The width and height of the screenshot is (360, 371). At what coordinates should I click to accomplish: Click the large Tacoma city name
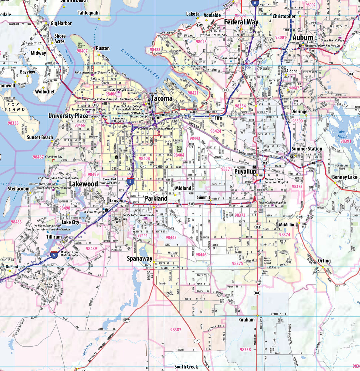coord(162,99)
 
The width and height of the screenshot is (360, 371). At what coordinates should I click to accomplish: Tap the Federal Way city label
coord(241,22)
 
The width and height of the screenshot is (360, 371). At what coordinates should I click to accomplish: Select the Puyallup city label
coord(245,172)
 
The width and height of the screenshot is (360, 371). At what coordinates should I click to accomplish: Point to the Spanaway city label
coord(140,258)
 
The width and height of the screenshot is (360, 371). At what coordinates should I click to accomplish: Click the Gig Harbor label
coord(61,23)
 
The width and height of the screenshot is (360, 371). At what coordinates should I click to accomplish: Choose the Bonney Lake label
coord(345,177)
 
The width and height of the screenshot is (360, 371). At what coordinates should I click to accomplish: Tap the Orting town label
coord(324,261)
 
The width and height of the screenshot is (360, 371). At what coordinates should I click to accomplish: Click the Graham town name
coord(247,320)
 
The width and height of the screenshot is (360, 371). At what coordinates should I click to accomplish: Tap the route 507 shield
coord(126,320)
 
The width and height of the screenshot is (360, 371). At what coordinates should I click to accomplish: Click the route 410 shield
coord(312,163)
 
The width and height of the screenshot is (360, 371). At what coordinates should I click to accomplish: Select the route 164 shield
coord(350,74)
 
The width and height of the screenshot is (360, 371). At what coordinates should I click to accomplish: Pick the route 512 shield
coord(191,204)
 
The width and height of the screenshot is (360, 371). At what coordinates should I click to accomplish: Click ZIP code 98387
coord(176,330)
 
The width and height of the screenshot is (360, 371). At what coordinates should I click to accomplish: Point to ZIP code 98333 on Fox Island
coord(13,123)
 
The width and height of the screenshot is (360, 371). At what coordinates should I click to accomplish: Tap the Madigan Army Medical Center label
coord(73,254)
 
